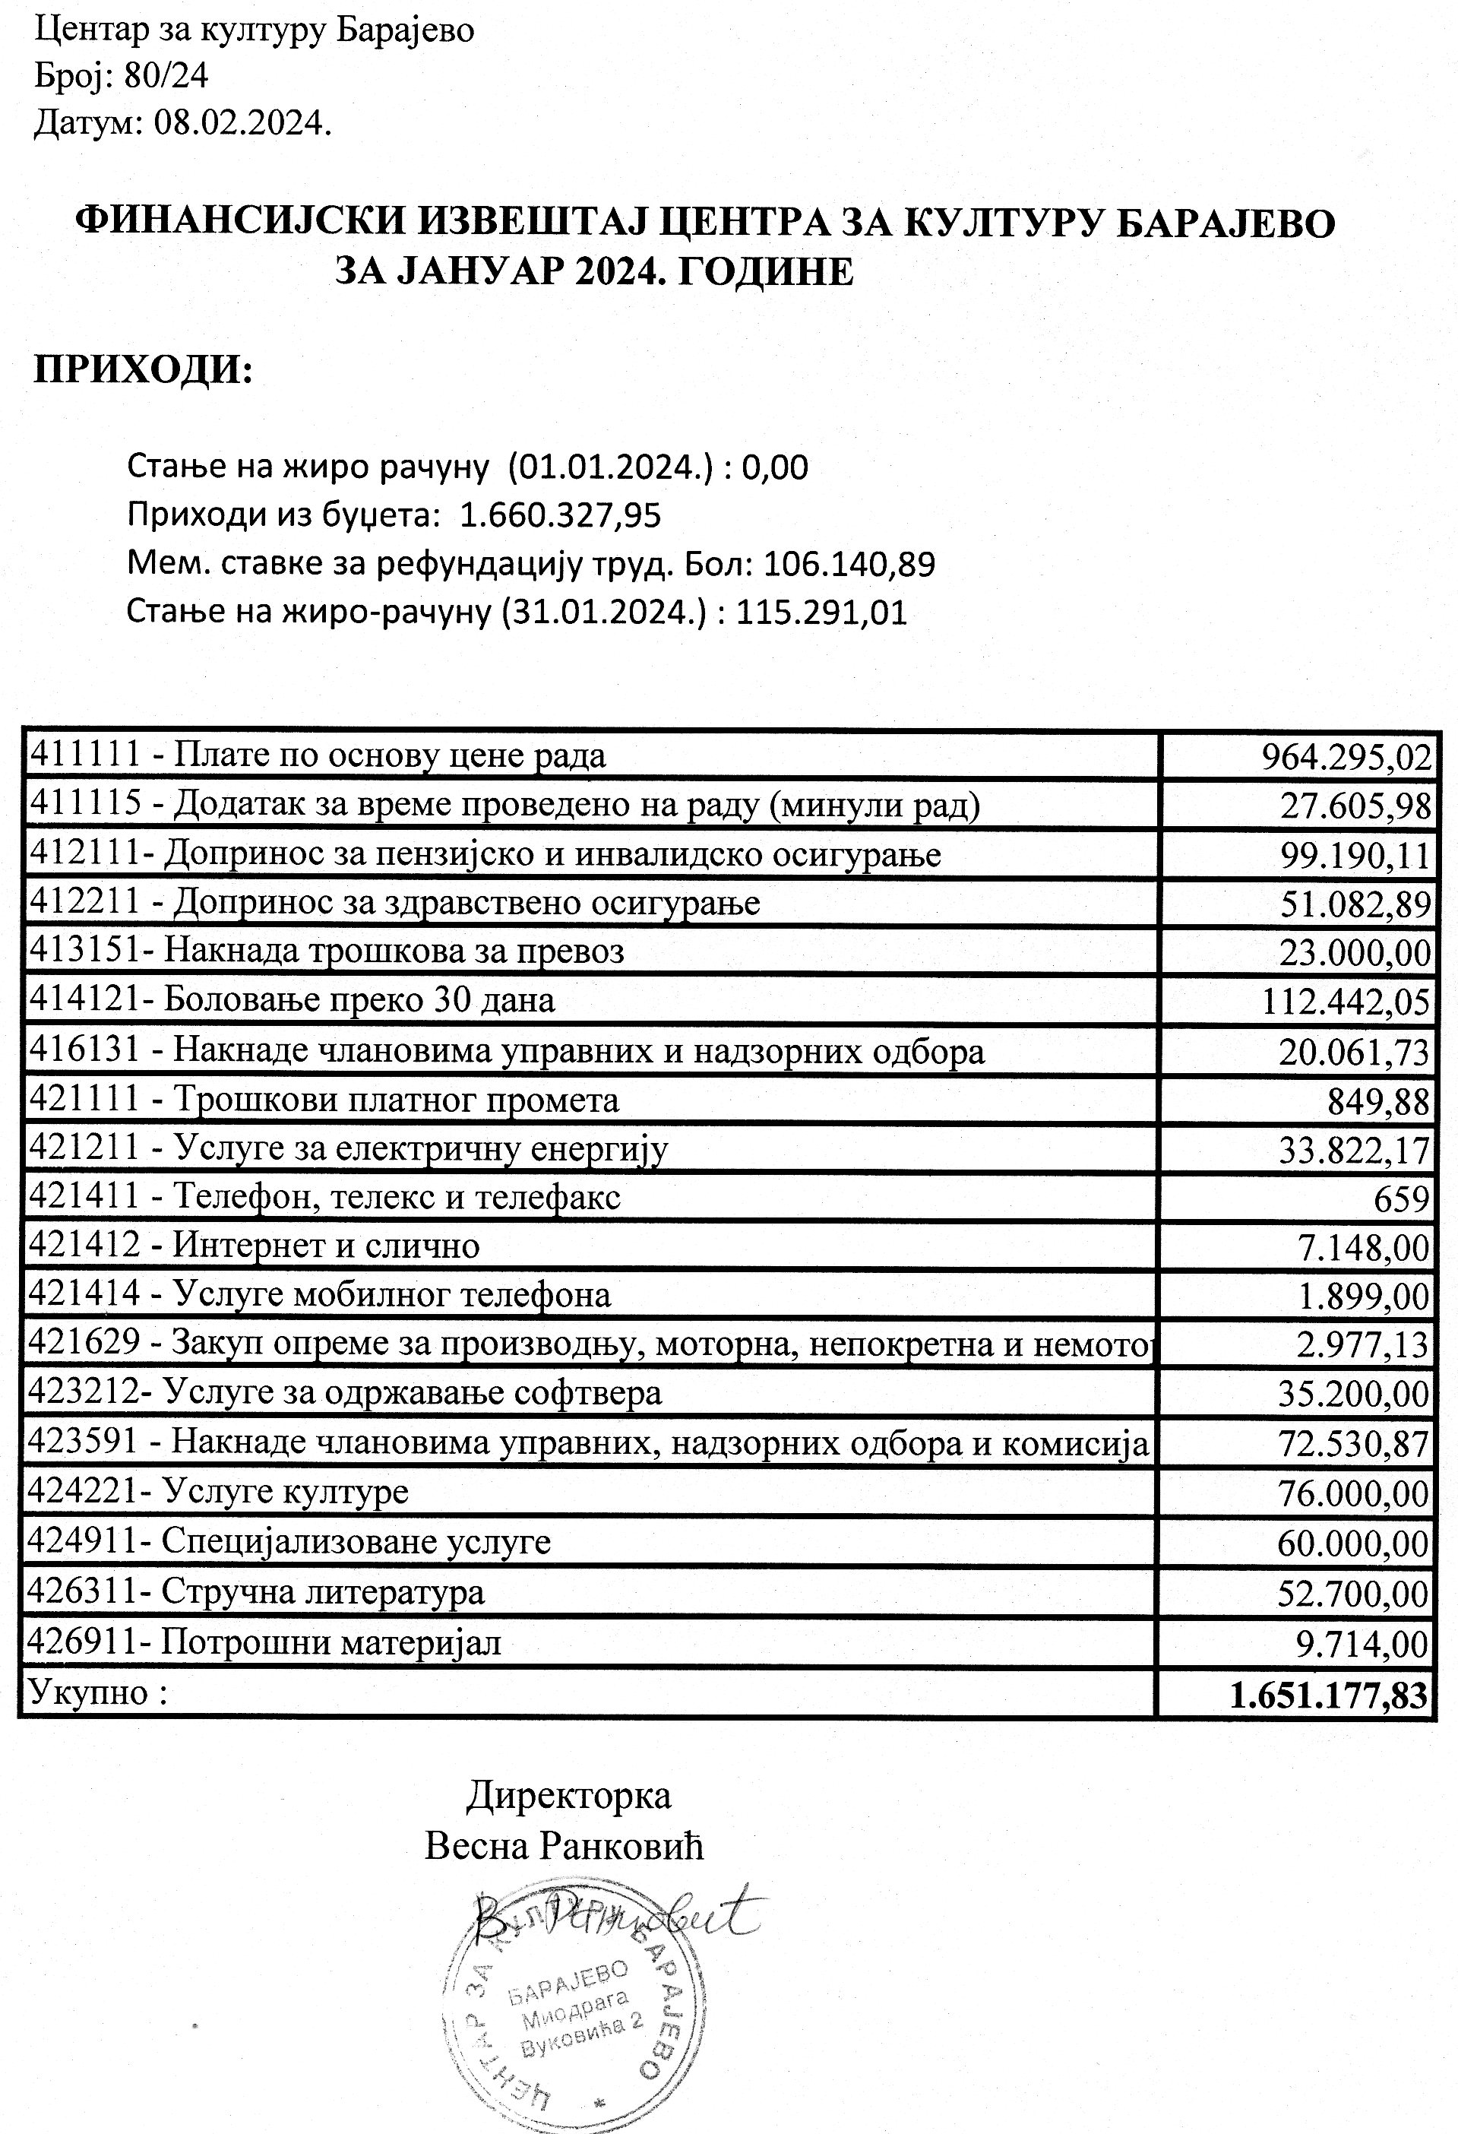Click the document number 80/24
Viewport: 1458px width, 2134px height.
166,75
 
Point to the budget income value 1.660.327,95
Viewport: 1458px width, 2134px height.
560,515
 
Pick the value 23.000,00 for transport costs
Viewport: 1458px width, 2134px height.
1355,953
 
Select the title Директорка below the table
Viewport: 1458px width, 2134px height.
568,1794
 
